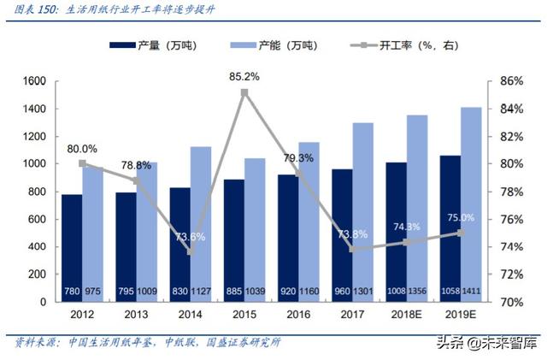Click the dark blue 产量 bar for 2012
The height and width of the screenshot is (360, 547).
pos(72,248)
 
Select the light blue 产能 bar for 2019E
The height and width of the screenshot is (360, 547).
pos(471,204)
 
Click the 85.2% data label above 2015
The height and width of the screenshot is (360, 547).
pos(244,76)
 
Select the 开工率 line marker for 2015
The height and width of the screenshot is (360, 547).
pos(244,92)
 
